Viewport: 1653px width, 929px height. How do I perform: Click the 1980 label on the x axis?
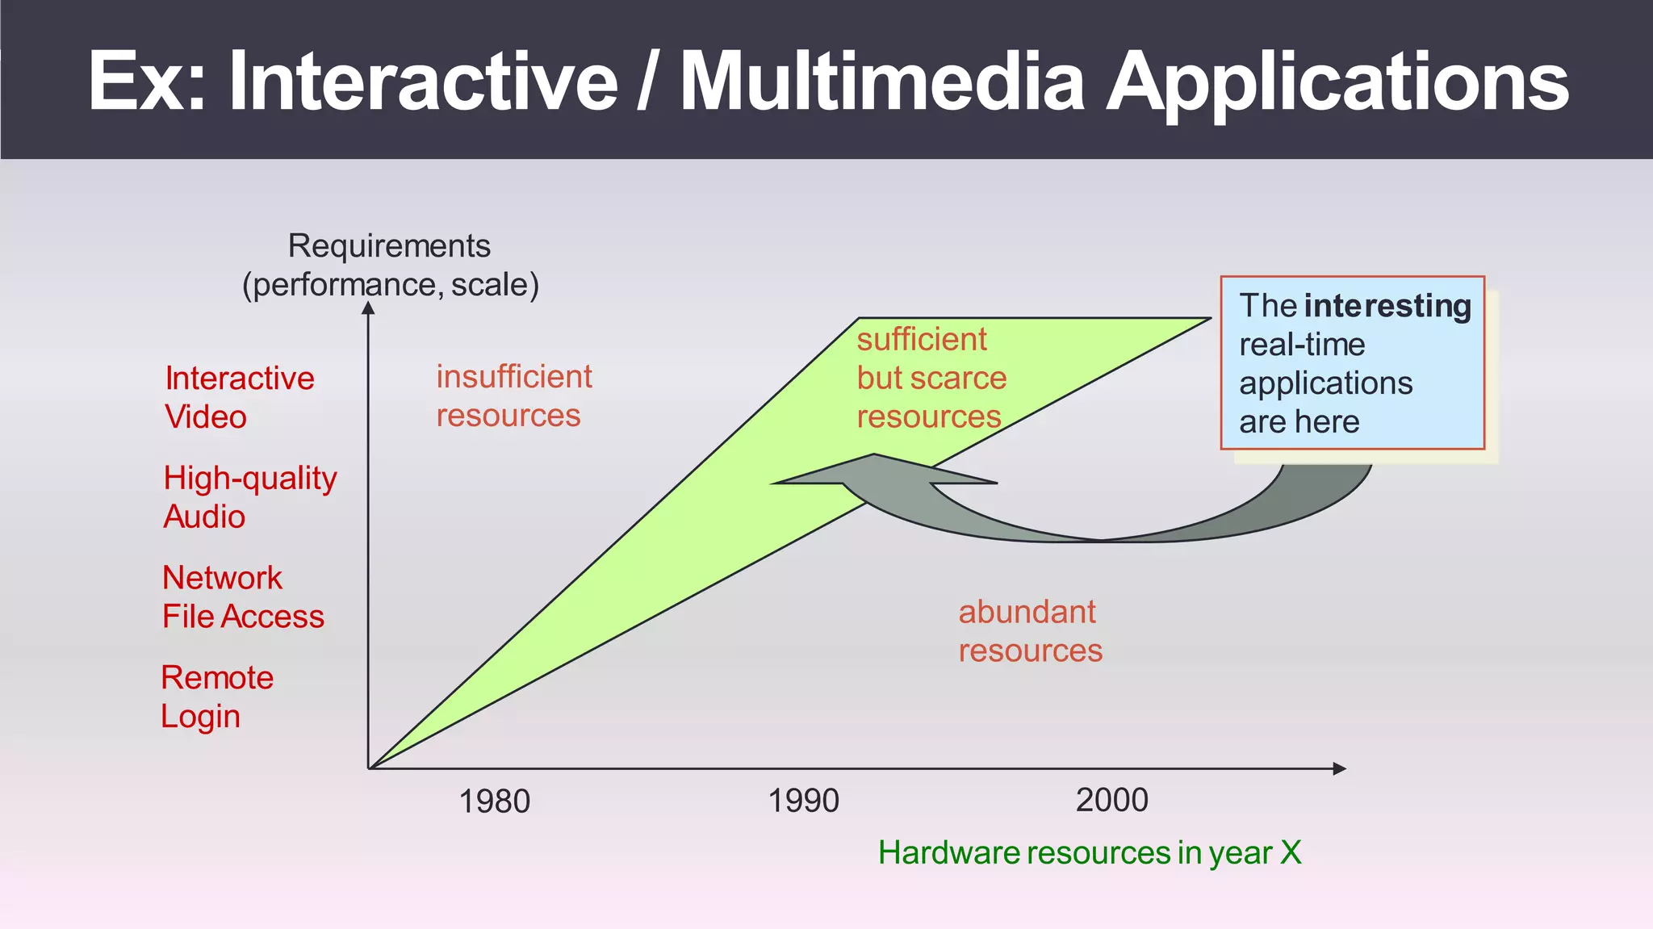tap(494, 801)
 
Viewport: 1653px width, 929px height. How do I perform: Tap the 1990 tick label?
tap(803, 801)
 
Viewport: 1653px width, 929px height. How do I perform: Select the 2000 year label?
tap(1111, 800)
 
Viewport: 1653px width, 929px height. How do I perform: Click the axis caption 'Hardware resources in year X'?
tap(1089, 852)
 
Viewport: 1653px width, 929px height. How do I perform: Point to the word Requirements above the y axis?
tap(389, 245)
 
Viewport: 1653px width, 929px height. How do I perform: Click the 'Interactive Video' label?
tap(239, 397)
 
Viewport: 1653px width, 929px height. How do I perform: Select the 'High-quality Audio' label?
tap(249, 497)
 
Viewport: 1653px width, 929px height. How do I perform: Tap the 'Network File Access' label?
tap(242, 597)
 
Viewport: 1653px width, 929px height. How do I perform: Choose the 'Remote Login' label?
tap(216, 697)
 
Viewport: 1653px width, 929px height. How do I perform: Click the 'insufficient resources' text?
tap(513, 395)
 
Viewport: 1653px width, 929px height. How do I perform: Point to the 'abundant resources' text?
tap(1029, 631)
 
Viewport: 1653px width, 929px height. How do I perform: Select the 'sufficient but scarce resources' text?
tap(931, 378)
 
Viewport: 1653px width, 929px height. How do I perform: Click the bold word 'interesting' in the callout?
tap(1387, 306)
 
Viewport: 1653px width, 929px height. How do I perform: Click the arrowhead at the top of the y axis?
tap(368, 308)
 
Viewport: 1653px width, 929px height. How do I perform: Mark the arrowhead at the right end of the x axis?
tap(1339, 768)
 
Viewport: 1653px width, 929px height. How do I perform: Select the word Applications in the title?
tap(1337, 82)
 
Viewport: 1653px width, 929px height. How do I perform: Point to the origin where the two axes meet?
tap(369, 768)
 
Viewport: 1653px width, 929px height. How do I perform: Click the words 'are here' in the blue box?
tap(1299, 422)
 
